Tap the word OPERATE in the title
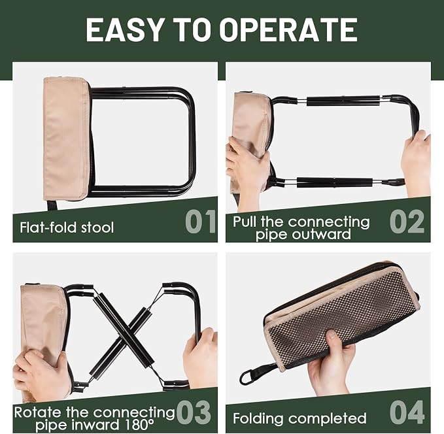click(288, 29)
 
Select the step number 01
click(201, 222)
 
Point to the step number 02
click(407, 222)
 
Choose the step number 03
click(194, 412)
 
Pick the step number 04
click(407, 412)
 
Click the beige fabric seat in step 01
click(66, 138)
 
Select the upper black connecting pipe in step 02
click(343, 101)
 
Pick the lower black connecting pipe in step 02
click(334, 182)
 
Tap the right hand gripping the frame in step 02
click(417, 163)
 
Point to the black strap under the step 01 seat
click(52, 205)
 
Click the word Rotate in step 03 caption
click(37, 412)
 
